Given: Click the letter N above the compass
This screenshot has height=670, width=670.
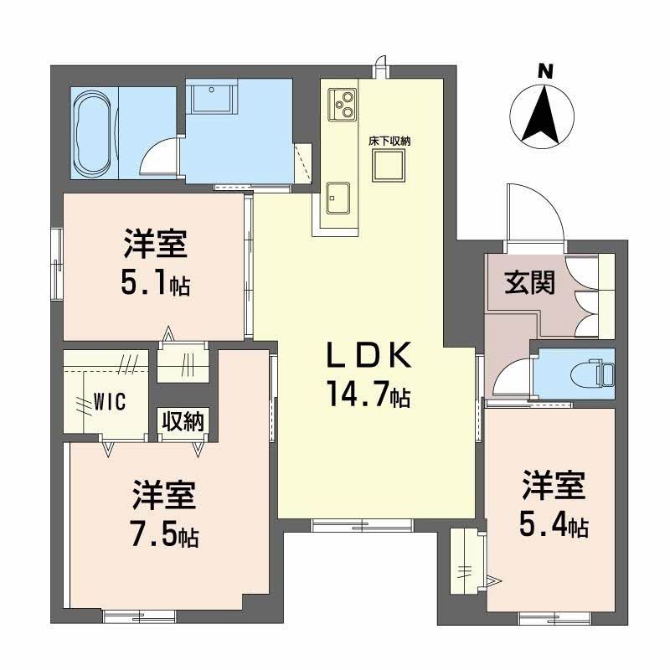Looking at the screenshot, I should tap(545, 73).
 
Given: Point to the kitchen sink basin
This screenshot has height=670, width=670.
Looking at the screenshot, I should tap(339, 199).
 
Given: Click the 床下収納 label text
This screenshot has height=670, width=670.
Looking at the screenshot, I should tap(389, 142).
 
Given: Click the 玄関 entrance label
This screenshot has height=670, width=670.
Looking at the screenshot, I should tap(529, 283).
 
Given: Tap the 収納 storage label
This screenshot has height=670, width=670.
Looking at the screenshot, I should tap(183, 421).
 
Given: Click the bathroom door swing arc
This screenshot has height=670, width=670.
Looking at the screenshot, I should tap(158, 156).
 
